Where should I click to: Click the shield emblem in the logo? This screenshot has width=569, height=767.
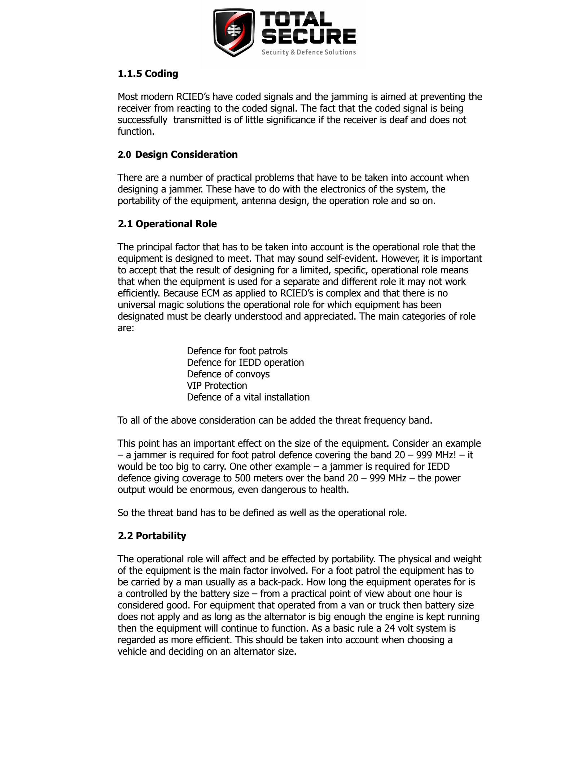[x=234, y=32]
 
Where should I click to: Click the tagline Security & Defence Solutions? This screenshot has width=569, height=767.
[x=308, y=52]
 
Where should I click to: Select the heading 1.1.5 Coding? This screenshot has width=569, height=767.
[x=148, y=74]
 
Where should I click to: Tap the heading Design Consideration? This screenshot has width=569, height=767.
[x=186, y=155]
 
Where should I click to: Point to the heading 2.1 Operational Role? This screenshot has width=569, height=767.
[x=167, y=224]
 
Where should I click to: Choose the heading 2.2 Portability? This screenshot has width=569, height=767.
[x=152, y=536]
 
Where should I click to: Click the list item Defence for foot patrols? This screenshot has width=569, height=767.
[x=237, y=351]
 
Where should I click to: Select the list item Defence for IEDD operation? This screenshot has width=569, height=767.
[x=245, y=363]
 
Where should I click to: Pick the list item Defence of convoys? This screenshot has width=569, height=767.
[x=228, y=374]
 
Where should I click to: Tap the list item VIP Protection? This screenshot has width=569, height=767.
[x=217, y=386]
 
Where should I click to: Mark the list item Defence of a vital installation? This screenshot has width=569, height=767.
[x=248, y=397]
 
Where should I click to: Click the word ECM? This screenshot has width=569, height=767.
[x=210, y=293]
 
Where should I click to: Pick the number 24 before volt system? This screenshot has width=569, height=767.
[x=389, y=628]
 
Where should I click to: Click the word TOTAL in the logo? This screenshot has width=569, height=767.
[x=296, y=19]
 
